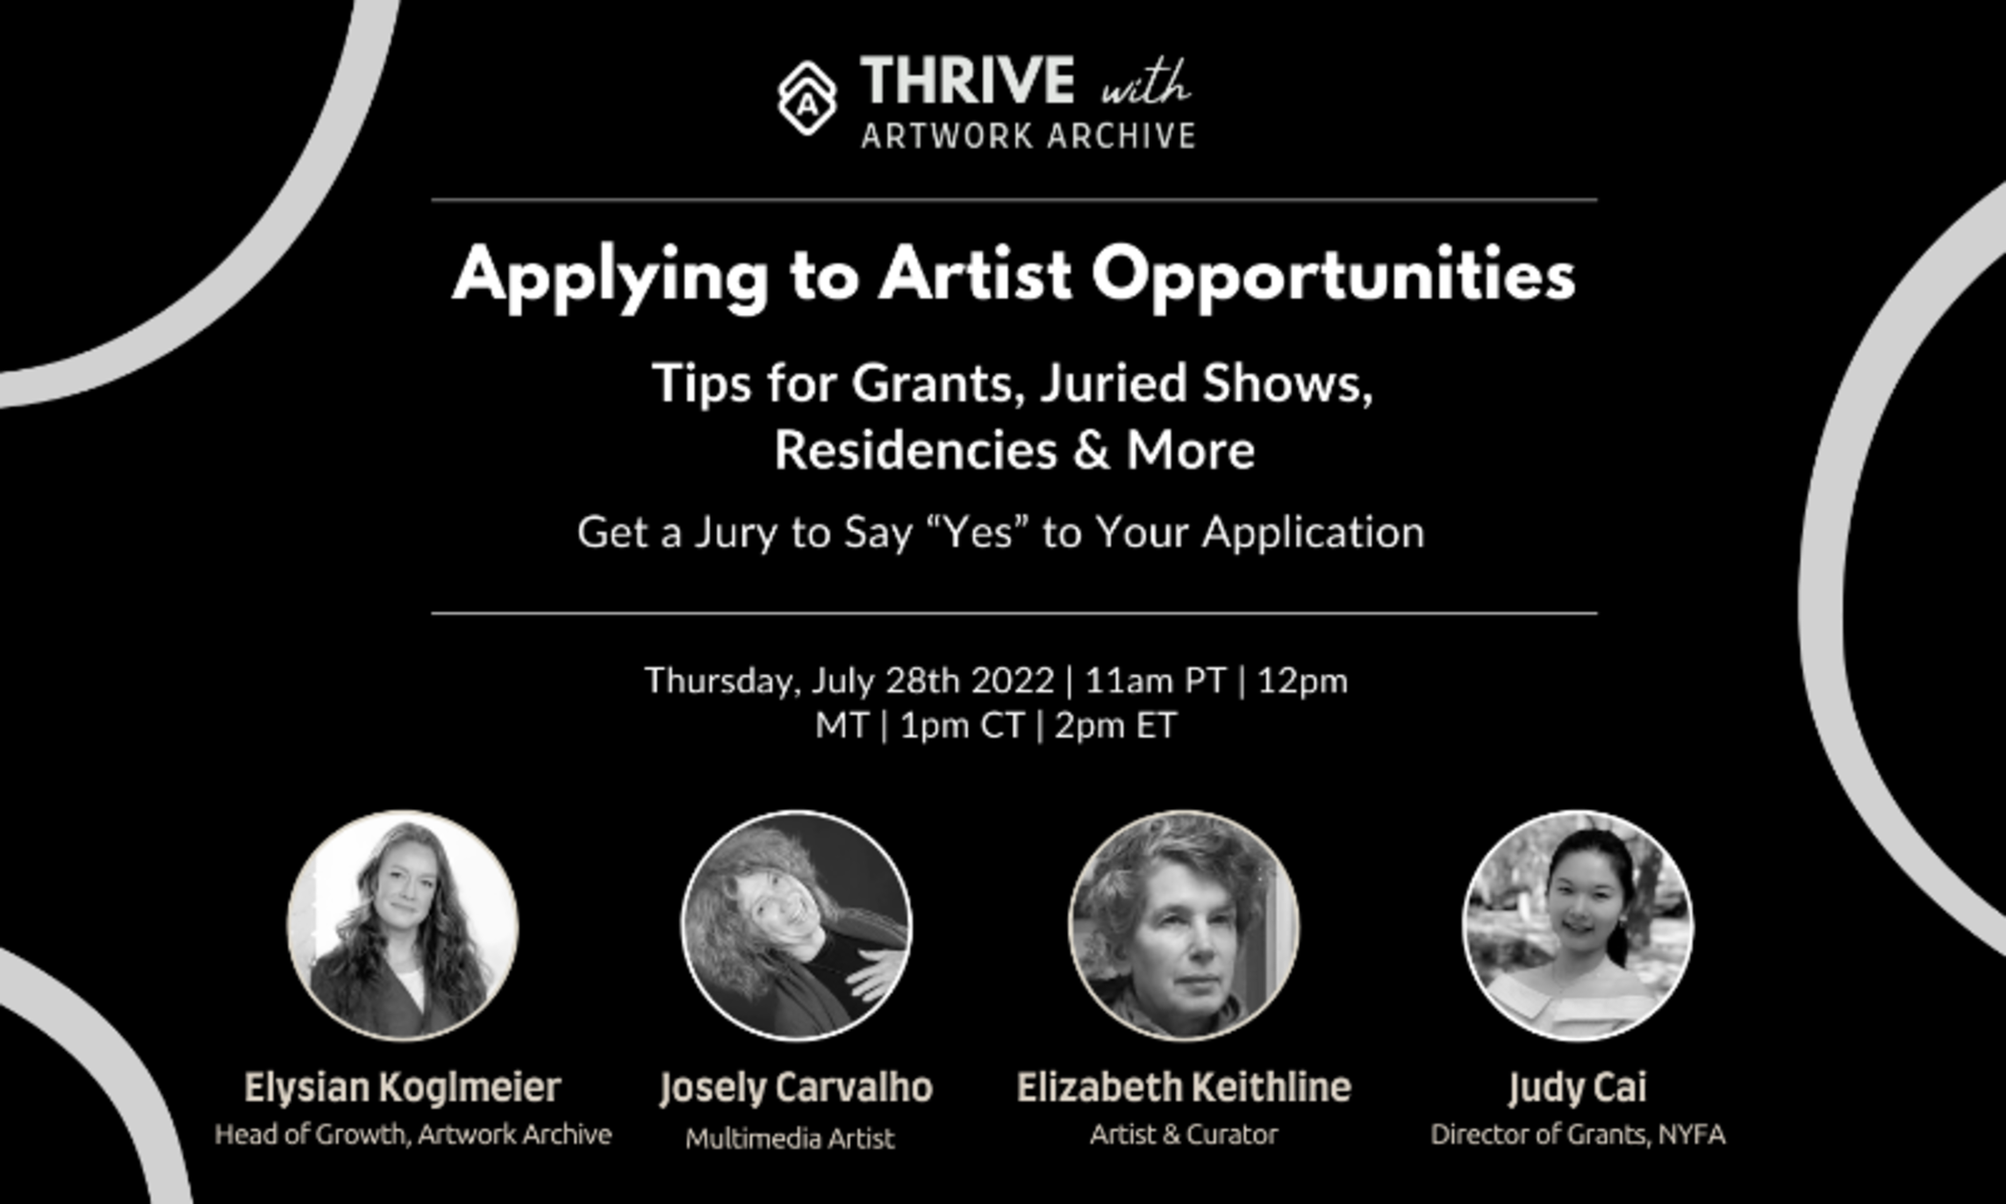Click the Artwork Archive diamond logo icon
point(807,98)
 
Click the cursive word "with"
point(1146,83)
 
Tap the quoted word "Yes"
point(978,532)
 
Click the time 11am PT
point(1155,680)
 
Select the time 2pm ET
point(1115,726)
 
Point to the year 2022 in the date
point(1013,680)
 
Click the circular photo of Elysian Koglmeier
point(403,926)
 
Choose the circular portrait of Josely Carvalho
point(797,926)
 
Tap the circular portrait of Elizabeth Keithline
point(1184,926)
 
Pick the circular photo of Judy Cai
point(1578,926)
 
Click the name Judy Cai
point(1578,1088)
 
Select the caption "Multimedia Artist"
point(790,1138)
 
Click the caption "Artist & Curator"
point(1184,1135)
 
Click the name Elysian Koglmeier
point(403,1088)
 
